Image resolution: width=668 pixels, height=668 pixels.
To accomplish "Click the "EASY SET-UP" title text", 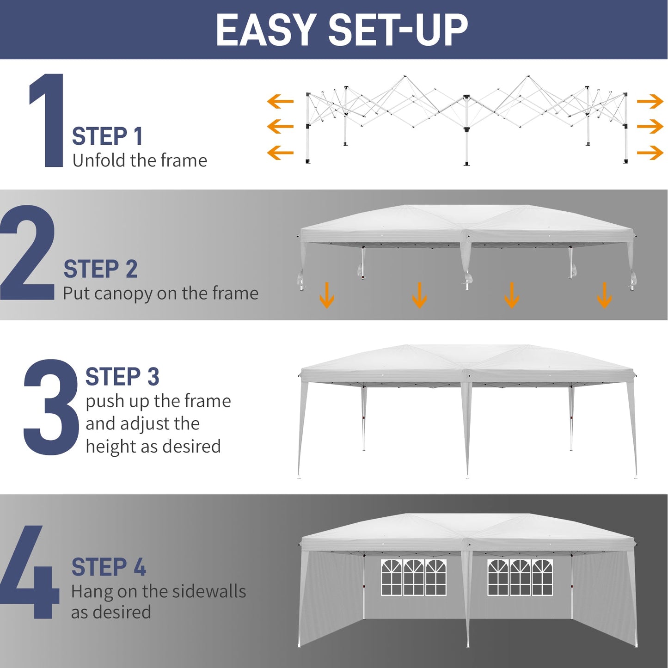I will tap(342, 30).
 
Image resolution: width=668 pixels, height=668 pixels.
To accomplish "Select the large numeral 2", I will tap(28, 253).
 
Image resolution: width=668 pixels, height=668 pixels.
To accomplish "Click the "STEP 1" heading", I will tap(107, 136).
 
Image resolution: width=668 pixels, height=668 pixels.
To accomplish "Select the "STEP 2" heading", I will tap(100, 269).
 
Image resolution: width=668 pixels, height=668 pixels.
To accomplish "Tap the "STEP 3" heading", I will tap(122, 377).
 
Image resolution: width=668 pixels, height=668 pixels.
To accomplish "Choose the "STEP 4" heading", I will tap(109, 567).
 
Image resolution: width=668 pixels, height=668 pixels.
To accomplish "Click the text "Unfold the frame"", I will tap(140, 161).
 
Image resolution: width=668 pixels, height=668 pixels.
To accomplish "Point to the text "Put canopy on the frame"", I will tap(160, 294).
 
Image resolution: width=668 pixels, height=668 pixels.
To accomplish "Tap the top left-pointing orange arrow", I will tap(280, 101).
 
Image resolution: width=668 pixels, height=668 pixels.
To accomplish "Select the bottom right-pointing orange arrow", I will tap(650, 153).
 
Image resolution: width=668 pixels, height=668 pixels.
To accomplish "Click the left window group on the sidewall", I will tap(414, 577).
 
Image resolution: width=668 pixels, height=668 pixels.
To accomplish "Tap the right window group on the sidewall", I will tap(520, 577).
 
